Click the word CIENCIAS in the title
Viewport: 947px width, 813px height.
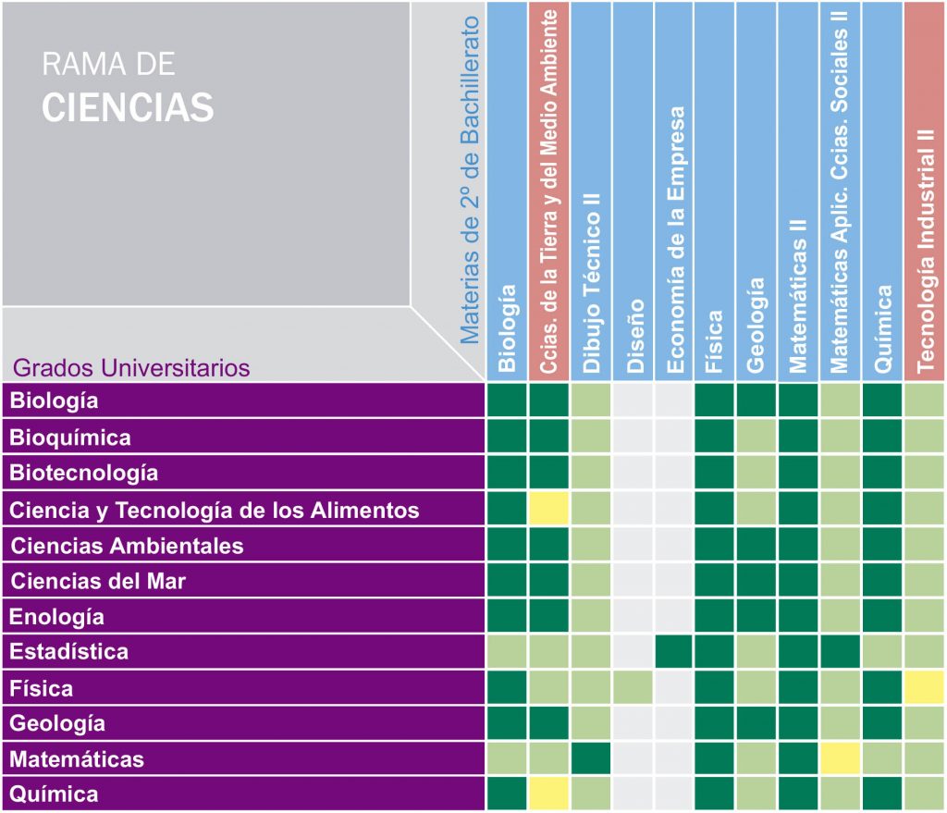[x=128, y=107]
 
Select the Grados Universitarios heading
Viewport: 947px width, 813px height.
[x=131, y=367]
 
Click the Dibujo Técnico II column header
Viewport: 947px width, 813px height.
[x=591, y=282]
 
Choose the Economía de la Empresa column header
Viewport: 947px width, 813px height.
[x=675, y=240]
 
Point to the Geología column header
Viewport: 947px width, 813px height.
[x=756, y=324]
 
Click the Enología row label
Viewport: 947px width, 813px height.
[x=57, y=616]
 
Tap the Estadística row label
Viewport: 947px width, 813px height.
[x=69, y=651]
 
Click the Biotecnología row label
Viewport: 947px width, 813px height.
[x=84, y=473]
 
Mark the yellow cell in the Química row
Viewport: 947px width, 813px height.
[x=548, y=794]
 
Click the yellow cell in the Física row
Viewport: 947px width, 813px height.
[x=924, y=687]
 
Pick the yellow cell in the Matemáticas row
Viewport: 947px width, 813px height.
[x=841, y=759]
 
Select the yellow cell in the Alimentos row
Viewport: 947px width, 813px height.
[x=548, y=509]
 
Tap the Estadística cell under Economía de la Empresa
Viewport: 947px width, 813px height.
[x=674, y=651]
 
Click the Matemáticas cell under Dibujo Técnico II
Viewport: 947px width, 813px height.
[x=591, y=759]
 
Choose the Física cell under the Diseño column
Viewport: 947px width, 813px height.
[x=633, y=687]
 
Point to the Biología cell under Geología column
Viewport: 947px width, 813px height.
[x=756, y=400]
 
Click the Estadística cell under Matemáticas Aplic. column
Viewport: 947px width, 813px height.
[x=841, y=651]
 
